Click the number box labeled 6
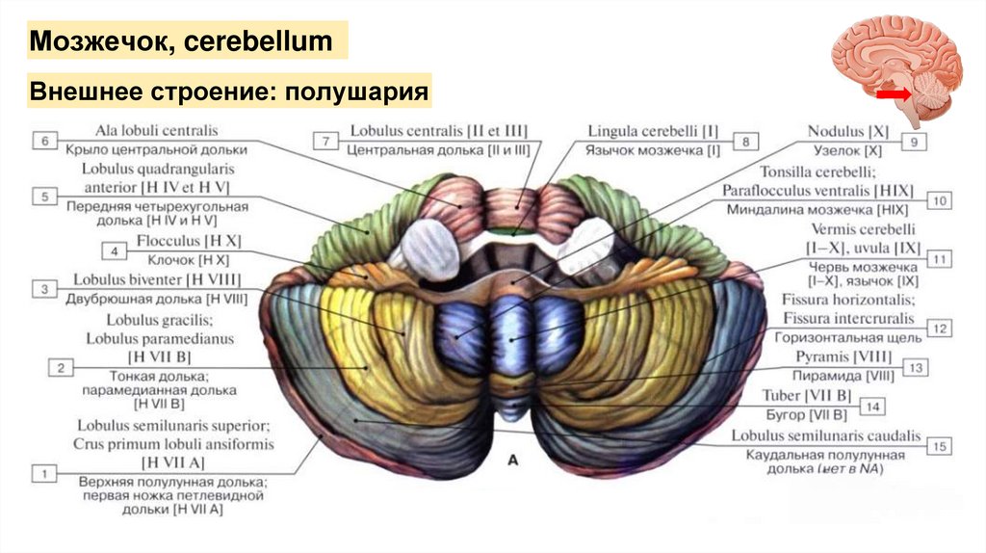[44, 142]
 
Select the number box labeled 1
[44, 473]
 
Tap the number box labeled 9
[914, 142]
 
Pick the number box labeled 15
[941, 446]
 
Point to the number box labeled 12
[941, 329]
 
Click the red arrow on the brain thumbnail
[893, 94]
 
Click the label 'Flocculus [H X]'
[188, 242]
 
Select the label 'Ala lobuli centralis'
[157, 130]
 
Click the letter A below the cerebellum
[512, 461]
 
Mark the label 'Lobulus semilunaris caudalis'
[826, 435]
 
